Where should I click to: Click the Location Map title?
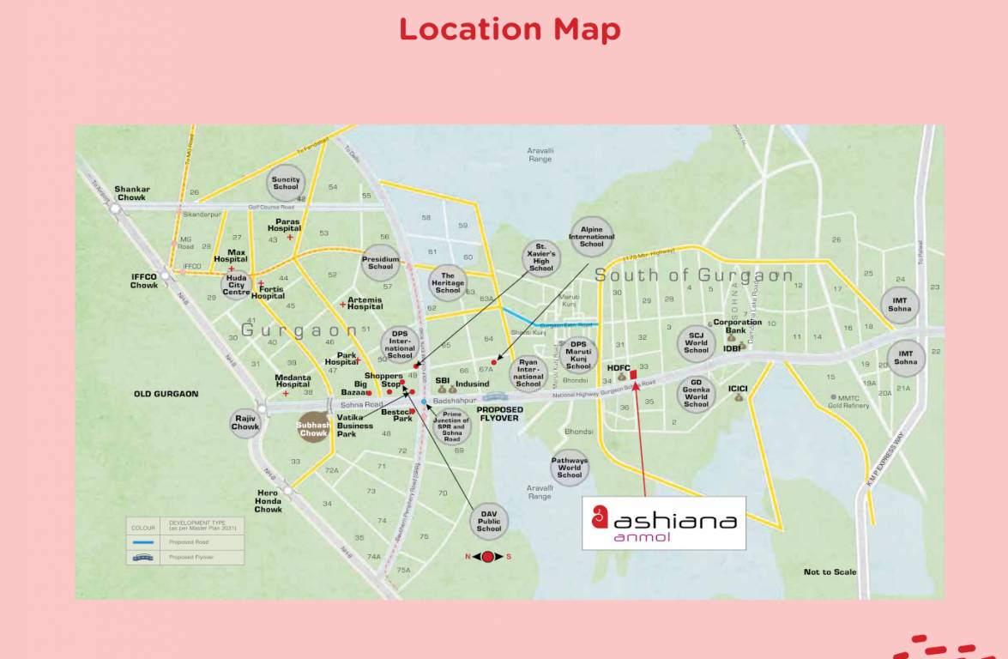[510, 29]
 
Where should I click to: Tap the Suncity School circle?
[286, 184]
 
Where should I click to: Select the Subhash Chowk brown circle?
[313, 429]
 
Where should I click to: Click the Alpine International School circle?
[591, 237]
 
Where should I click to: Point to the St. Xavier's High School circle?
[541, 258]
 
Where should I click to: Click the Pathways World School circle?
[569, 469]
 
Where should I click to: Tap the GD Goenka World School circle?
[696, 396]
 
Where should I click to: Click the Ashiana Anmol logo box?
[664, 523]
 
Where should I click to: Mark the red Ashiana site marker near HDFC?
[633, 373]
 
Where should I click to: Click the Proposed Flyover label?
[501, 414]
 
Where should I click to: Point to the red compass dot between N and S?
[488, 557]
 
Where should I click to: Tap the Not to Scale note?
[830, 572]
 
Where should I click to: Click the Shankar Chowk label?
[132, 193]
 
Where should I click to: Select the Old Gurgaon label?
[166, 394]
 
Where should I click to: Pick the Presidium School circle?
[380, 263]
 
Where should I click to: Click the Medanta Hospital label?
[293, 381]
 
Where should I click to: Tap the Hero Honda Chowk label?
[268, 501]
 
